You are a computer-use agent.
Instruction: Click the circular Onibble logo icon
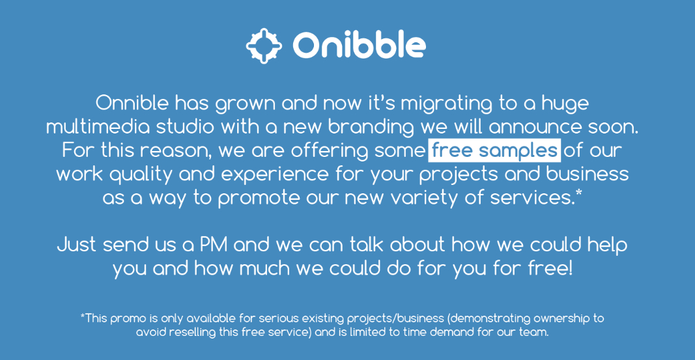[264, 46]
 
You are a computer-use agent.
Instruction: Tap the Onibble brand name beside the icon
[359, 44]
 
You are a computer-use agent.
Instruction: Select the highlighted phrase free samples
[494, 150]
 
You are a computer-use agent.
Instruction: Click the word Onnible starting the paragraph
[132, 103]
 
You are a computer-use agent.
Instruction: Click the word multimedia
[98, 127]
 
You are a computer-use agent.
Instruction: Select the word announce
[535, 127]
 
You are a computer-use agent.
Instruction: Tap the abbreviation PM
[214, 244]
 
